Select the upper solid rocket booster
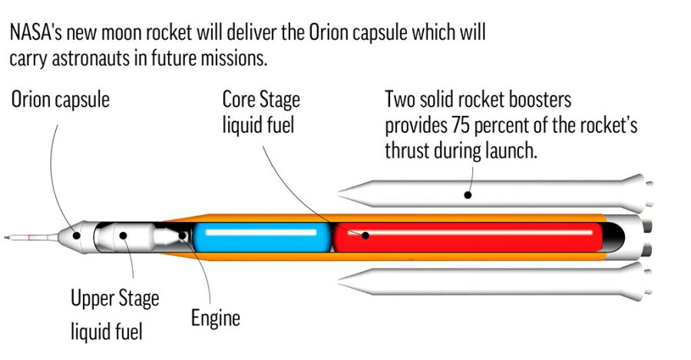(x=491, y=192)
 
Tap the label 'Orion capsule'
(x=61, y=101)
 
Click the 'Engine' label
(x=215, y=317)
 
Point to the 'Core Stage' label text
(x=261, y=101)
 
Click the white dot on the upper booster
(x=466, y=195)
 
